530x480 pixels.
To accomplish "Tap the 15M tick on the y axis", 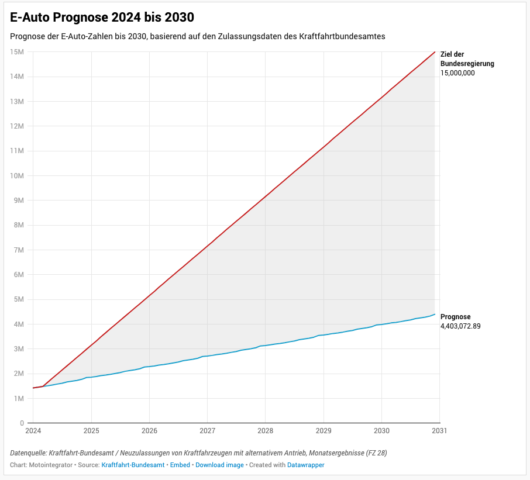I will (x=17, y=52).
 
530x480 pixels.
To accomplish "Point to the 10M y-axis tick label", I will (x=17, y=175).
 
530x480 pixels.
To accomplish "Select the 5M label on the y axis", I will (x=19, y=299).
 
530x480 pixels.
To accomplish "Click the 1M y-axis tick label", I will (x=19, y=398).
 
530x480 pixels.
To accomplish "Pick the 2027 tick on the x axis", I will (x=207, y=431).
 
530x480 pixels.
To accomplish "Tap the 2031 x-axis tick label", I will (x=439, y=431).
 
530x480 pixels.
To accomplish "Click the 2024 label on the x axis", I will (x=33, y=431).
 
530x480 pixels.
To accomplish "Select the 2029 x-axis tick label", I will (x=323, y=431).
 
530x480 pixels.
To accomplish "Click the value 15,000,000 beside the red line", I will (x=457, y=73).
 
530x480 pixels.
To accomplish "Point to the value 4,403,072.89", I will (x=460, y=326).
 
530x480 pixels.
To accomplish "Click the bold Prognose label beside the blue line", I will (x=456, y=317).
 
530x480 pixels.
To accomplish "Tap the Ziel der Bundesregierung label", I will (x=467, y=59).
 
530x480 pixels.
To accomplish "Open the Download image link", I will (x=219, y=465).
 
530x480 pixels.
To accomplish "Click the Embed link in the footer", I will (x=180, y=465).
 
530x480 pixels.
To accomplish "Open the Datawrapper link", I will (x=305, y=465).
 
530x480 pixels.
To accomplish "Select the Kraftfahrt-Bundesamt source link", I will (x=133, y=465).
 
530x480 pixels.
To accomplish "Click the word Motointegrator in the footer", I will (x=51, y=465).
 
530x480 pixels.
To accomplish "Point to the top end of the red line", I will (x=435, y=51).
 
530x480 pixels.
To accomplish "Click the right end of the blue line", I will (x=435, y=314).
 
